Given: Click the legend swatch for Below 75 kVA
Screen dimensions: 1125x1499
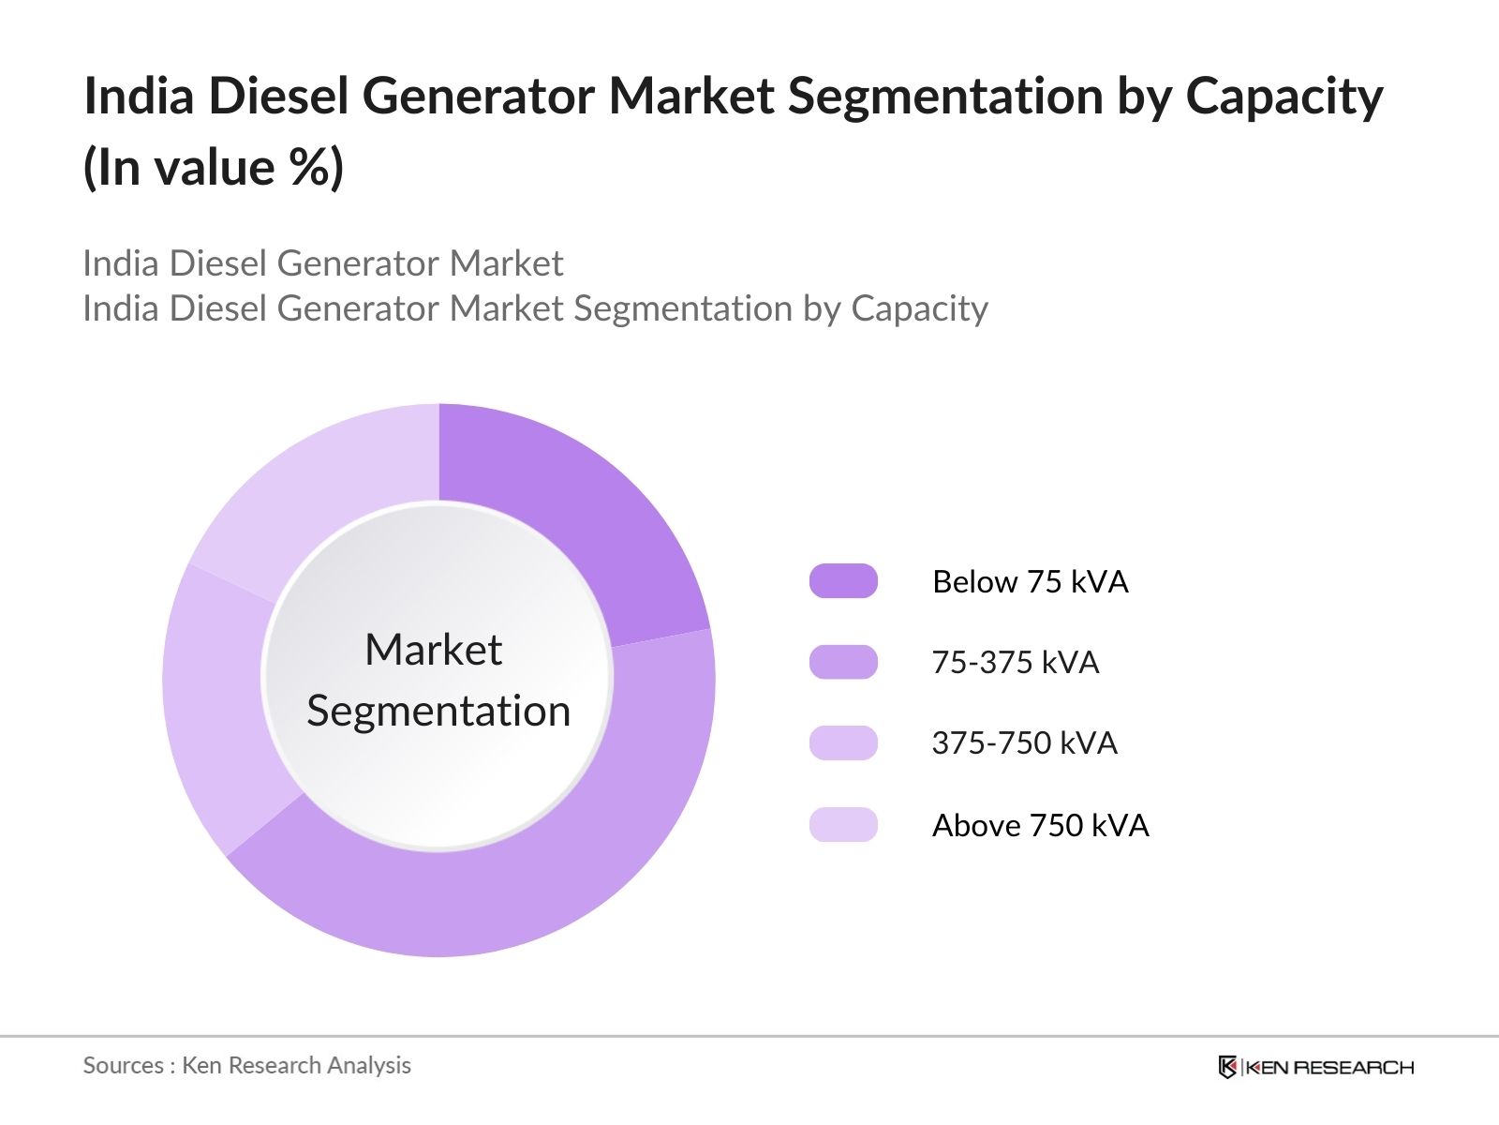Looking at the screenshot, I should (x=843, y=581).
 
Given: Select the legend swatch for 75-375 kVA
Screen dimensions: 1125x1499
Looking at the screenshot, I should (x=843, y=662).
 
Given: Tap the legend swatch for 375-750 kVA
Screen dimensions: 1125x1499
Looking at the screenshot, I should (x=843, y=742).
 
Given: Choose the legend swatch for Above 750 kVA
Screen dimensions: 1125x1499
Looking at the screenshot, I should (x=843, y=825).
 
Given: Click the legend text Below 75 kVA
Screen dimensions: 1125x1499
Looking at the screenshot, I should (x=1030, y=582).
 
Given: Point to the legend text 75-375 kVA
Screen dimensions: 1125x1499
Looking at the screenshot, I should (x=1015, y=663).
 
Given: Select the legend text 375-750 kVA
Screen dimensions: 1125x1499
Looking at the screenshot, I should (x=1024, y=743).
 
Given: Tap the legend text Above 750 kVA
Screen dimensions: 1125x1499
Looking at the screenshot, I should (x=1040, y=826).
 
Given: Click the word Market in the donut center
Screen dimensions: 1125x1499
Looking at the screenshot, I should (x=433, y=650).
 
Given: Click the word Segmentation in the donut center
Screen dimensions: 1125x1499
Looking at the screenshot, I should (x=438, y=712).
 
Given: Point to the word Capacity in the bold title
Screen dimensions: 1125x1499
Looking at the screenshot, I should (x=1284, y=97).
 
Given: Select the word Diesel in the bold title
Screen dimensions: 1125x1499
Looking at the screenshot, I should (x=278, y=97).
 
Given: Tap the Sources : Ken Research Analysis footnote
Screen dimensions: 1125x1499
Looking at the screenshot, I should (x=246, y=1066).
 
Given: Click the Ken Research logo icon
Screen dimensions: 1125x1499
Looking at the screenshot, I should (x=1227, y=1067).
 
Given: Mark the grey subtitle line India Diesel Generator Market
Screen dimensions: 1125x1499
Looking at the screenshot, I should (x=322, y=263).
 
